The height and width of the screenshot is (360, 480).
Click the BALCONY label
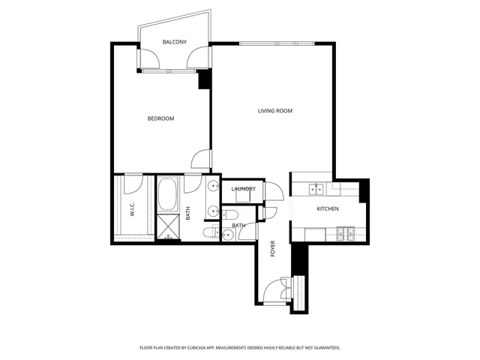(x=174, y=42)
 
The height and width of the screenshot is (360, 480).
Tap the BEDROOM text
(x=160, y=118)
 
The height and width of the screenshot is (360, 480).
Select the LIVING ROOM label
(x=275, y=111)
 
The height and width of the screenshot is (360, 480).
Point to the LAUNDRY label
(x=244, y=189)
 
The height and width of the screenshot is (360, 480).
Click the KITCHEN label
(x=328, y=208)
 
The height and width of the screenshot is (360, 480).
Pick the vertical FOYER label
(x=273, y=249)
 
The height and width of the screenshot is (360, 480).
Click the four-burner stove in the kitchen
(x=346, y=234)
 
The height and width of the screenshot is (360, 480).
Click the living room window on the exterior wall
(x=277, y=43)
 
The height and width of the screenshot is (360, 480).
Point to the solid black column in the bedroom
(x=203, y=79)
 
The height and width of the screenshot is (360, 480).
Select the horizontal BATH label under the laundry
(x=238, y=225)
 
